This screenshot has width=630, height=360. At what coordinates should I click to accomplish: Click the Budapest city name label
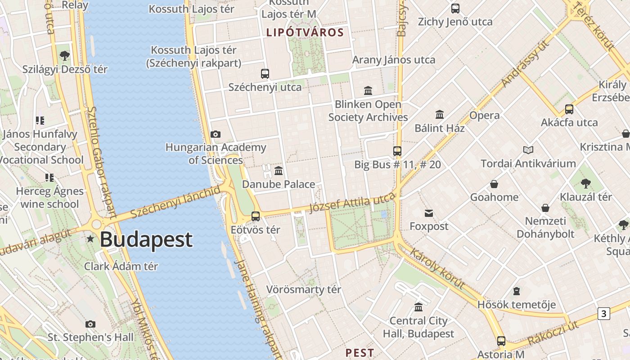click(146, 239)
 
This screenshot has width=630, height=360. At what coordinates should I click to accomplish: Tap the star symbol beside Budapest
click(90, 239)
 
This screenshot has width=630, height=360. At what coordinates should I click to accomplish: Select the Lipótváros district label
click(305, 32)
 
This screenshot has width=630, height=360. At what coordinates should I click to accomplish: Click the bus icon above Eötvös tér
click(256, 216)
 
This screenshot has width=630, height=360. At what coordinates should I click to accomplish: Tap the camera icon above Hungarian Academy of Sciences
click(216, 134)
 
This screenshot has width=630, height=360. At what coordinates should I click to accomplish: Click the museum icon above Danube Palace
click(279, 171)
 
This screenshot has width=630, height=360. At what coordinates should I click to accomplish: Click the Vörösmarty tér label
click(304, 289)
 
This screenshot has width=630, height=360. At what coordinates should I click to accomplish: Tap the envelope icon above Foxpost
click(428, 213)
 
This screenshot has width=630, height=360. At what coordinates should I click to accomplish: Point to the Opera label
click(484, 115)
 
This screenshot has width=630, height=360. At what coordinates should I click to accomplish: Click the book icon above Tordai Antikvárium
click(528, 150)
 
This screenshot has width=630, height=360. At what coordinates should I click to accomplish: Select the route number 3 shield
click(603, 313)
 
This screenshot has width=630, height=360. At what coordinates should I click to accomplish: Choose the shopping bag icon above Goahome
click(494, 184)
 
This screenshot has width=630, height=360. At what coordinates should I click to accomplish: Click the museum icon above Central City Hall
click(418, 307)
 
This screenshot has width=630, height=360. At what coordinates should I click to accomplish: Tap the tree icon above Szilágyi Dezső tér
click(64, 56)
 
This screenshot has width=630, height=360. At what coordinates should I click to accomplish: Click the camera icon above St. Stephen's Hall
click(90, 324)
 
